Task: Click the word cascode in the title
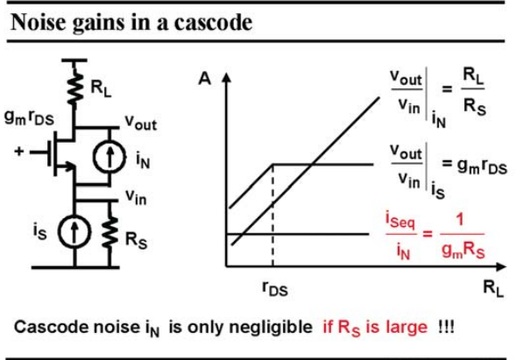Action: pos(213,23)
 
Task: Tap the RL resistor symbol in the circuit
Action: pos(75,88)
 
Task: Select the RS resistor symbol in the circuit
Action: pos(110,230)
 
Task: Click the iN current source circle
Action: pos(110,157)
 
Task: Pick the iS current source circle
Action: pos(74,231)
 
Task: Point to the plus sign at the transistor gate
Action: pos(19,151)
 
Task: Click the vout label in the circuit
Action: pos(141,123)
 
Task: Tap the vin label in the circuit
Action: pos(136,197)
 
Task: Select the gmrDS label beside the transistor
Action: pos(29,117)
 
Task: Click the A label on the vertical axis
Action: pos(204,79)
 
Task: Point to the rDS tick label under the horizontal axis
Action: pos(275,288)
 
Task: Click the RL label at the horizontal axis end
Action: pos(493,288)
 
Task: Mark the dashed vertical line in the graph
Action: pos(272,215)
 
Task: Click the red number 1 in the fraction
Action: pos(460,220)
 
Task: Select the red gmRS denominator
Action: pos(463,251)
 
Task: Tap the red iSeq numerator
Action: pos(400,220)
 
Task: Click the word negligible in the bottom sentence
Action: pos(271,327)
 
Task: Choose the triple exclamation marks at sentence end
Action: pos(446,327)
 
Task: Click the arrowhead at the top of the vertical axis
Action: pos(226,77)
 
